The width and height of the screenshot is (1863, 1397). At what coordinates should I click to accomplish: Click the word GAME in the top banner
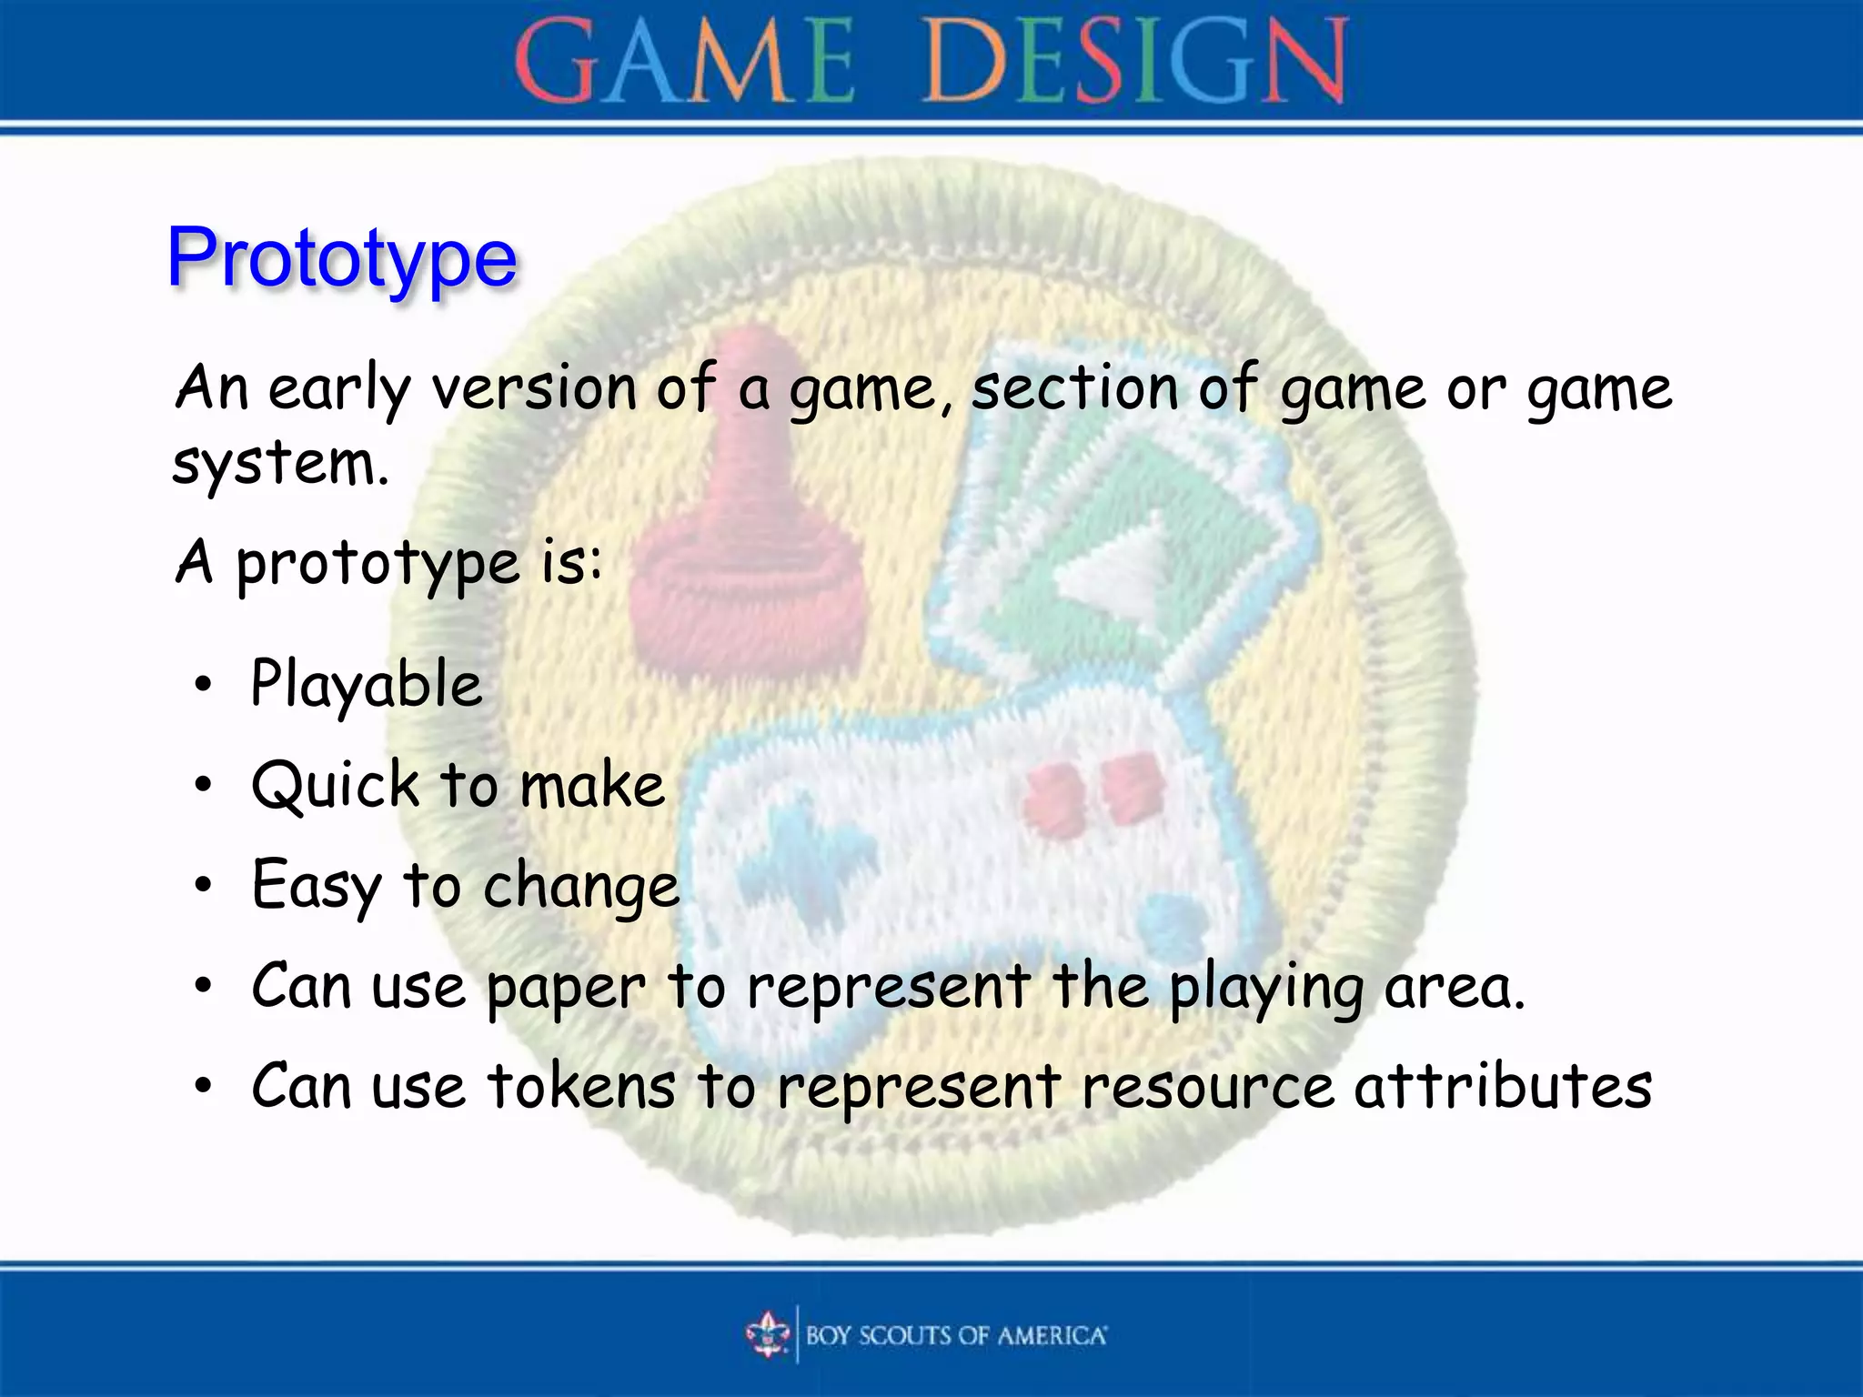(x=684, y=62)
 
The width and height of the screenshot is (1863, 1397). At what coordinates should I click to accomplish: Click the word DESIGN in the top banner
(x=1135, y=62)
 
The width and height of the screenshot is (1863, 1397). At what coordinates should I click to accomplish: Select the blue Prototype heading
(x=342, y=258)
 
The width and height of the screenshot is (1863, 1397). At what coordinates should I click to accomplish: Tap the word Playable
(x=366, y=684)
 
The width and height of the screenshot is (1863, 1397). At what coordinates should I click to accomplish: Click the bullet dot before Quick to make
(x=203, y=784)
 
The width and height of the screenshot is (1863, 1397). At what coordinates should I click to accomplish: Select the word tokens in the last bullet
(x=581, y=1086)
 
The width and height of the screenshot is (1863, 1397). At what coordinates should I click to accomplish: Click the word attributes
(x=1503, y=1086)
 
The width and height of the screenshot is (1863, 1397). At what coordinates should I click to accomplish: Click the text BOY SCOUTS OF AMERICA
(x=955, y=1335)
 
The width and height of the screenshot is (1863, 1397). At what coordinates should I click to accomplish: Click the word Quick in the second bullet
(x=335, y=786)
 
